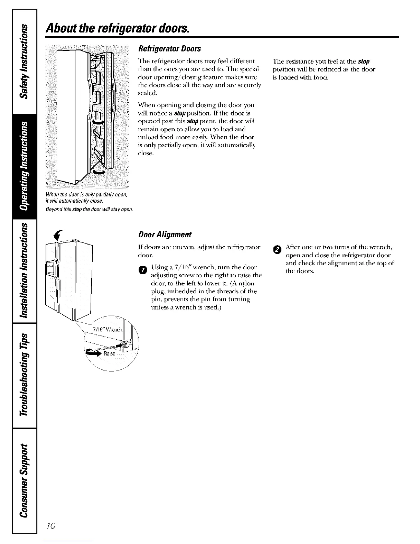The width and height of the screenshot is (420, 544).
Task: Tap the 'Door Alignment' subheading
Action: pyautogui.click(x=164, y=235)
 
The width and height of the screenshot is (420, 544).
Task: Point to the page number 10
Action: pyautogui.click(x=51, y=526)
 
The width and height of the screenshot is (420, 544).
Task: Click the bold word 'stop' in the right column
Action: pyautogui.click(x=363, y=61)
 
